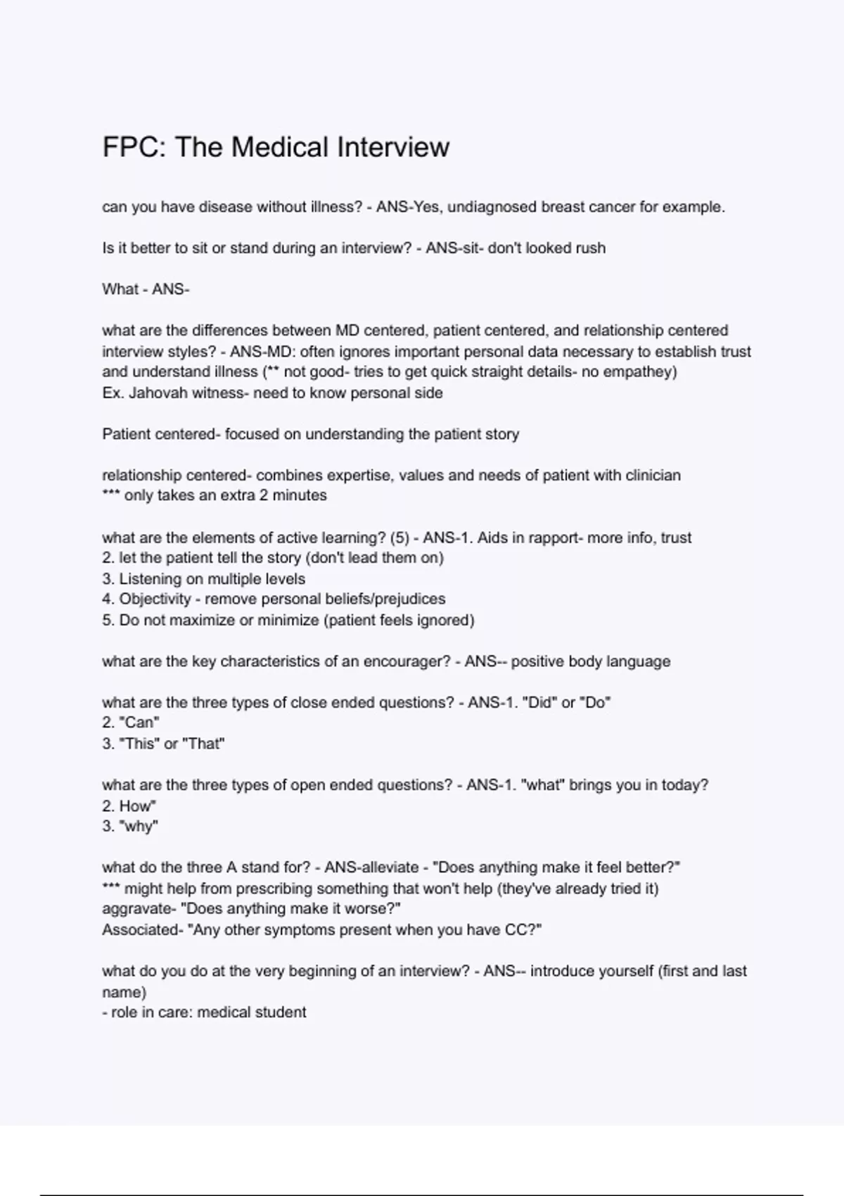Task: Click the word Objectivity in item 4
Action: coord(155,599)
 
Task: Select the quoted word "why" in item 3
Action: coord(139,826)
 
